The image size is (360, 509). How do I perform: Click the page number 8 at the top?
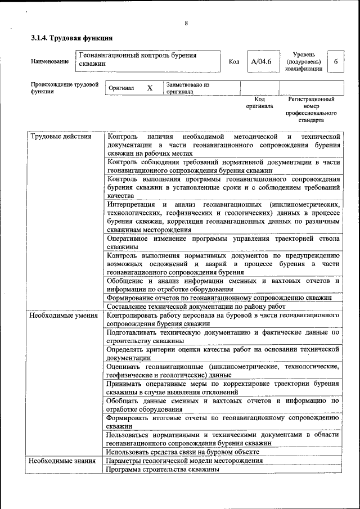186,23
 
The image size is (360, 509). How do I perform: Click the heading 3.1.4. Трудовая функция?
71,39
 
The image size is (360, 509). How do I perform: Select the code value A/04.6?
261,62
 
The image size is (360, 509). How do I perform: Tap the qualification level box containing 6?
335,62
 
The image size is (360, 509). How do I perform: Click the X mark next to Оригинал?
150,89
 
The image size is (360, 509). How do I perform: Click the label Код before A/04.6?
234,62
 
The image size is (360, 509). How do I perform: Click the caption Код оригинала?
259,102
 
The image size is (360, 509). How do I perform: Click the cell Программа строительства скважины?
163,469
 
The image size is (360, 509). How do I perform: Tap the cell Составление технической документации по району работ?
196,307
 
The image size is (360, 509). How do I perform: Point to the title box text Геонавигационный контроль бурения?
137,56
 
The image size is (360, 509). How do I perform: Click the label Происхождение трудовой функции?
64,88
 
